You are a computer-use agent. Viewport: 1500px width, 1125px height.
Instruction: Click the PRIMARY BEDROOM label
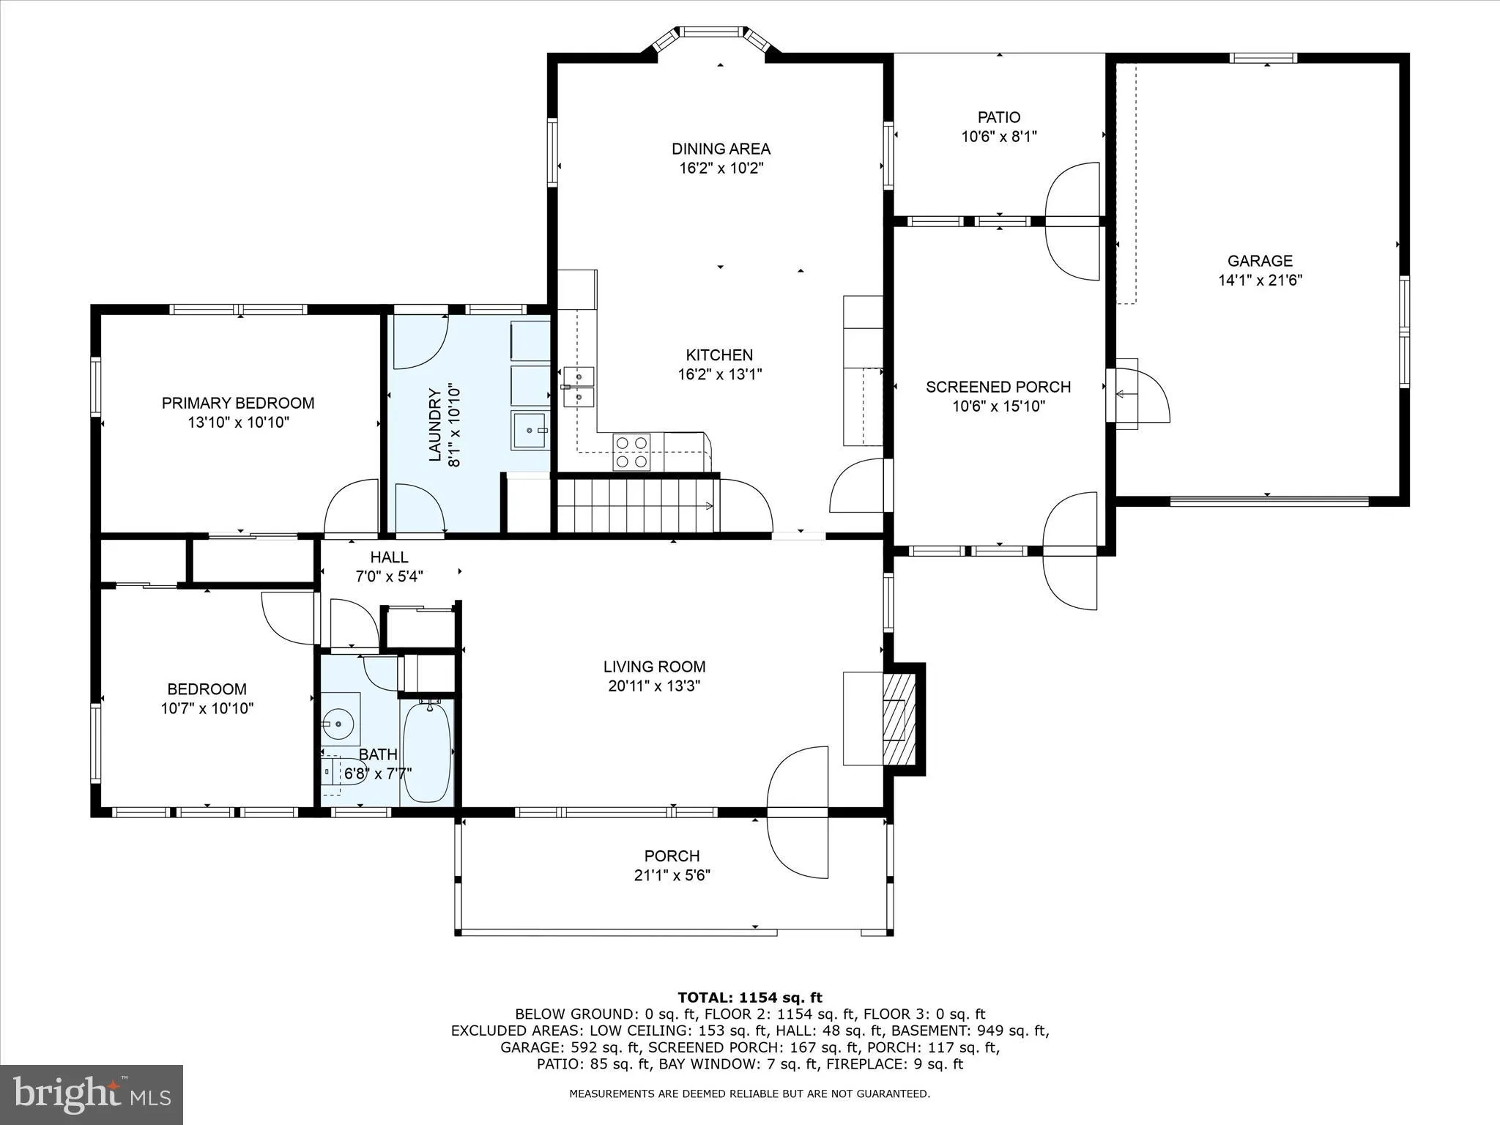point(238,403)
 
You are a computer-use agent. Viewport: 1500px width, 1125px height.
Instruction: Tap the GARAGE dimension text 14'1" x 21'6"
point(1260,280)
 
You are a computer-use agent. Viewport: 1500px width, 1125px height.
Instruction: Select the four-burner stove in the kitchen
point(631,452)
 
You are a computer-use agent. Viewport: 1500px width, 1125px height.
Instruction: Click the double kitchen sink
point(579,387)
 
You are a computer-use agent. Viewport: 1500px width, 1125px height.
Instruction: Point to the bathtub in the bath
point(427,751)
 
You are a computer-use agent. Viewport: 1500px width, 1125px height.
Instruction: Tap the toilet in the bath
point(342,772)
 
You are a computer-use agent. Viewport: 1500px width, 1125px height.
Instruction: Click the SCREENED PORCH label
point(998,387)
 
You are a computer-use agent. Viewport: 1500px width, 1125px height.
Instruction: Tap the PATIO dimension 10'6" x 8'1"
point(999,136)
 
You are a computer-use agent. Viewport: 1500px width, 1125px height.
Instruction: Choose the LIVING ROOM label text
point(654,667)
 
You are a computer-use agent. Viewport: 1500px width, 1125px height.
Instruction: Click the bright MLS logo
point(92,1094)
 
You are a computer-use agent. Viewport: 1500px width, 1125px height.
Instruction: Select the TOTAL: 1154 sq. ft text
point(750,998)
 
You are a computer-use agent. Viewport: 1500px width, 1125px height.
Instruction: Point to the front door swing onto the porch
point(798,812)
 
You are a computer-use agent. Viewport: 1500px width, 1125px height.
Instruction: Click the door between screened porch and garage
point(1139,396)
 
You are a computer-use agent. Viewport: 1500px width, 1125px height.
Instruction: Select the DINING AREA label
point(721,149)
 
